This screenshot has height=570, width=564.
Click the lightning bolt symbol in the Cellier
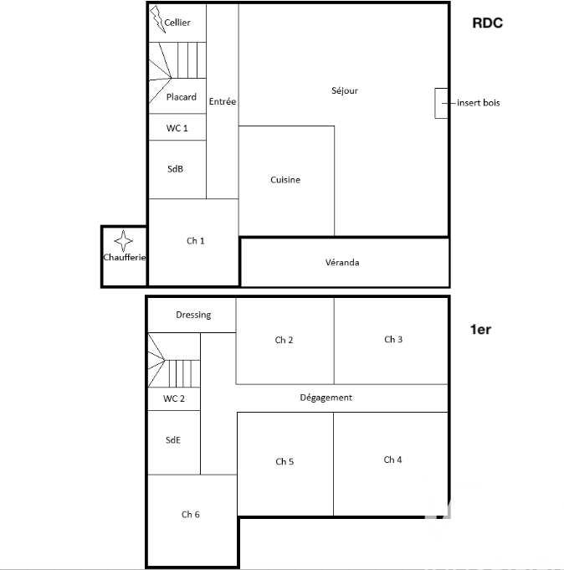157,19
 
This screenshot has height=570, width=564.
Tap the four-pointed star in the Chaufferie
123,241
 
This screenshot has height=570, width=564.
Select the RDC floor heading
487,23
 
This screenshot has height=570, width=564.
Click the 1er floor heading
480,329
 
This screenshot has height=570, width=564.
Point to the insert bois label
479,103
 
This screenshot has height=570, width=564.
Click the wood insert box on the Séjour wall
441,103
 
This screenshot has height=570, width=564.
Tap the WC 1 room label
177,128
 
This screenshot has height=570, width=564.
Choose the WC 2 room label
174,398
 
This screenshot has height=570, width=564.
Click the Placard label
182,97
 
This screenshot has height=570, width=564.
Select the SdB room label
175,169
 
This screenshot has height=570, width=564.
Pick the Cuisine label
285,180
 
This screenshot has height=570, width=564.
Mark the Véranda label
342,262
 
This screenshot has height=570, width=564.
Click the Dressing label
193,315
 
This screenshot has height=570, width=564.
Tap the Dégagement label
326,398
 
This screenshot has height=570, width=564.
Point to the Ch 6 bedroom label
191,515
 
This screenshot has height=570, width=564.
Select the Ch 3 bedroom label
393,339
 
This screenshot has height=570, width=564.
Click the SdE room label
173,440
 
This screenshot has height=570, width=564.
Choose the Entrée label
223,101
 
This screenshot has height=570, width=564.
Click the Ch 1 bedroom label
196,241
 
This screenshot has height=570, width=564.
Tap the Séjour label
345,91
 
